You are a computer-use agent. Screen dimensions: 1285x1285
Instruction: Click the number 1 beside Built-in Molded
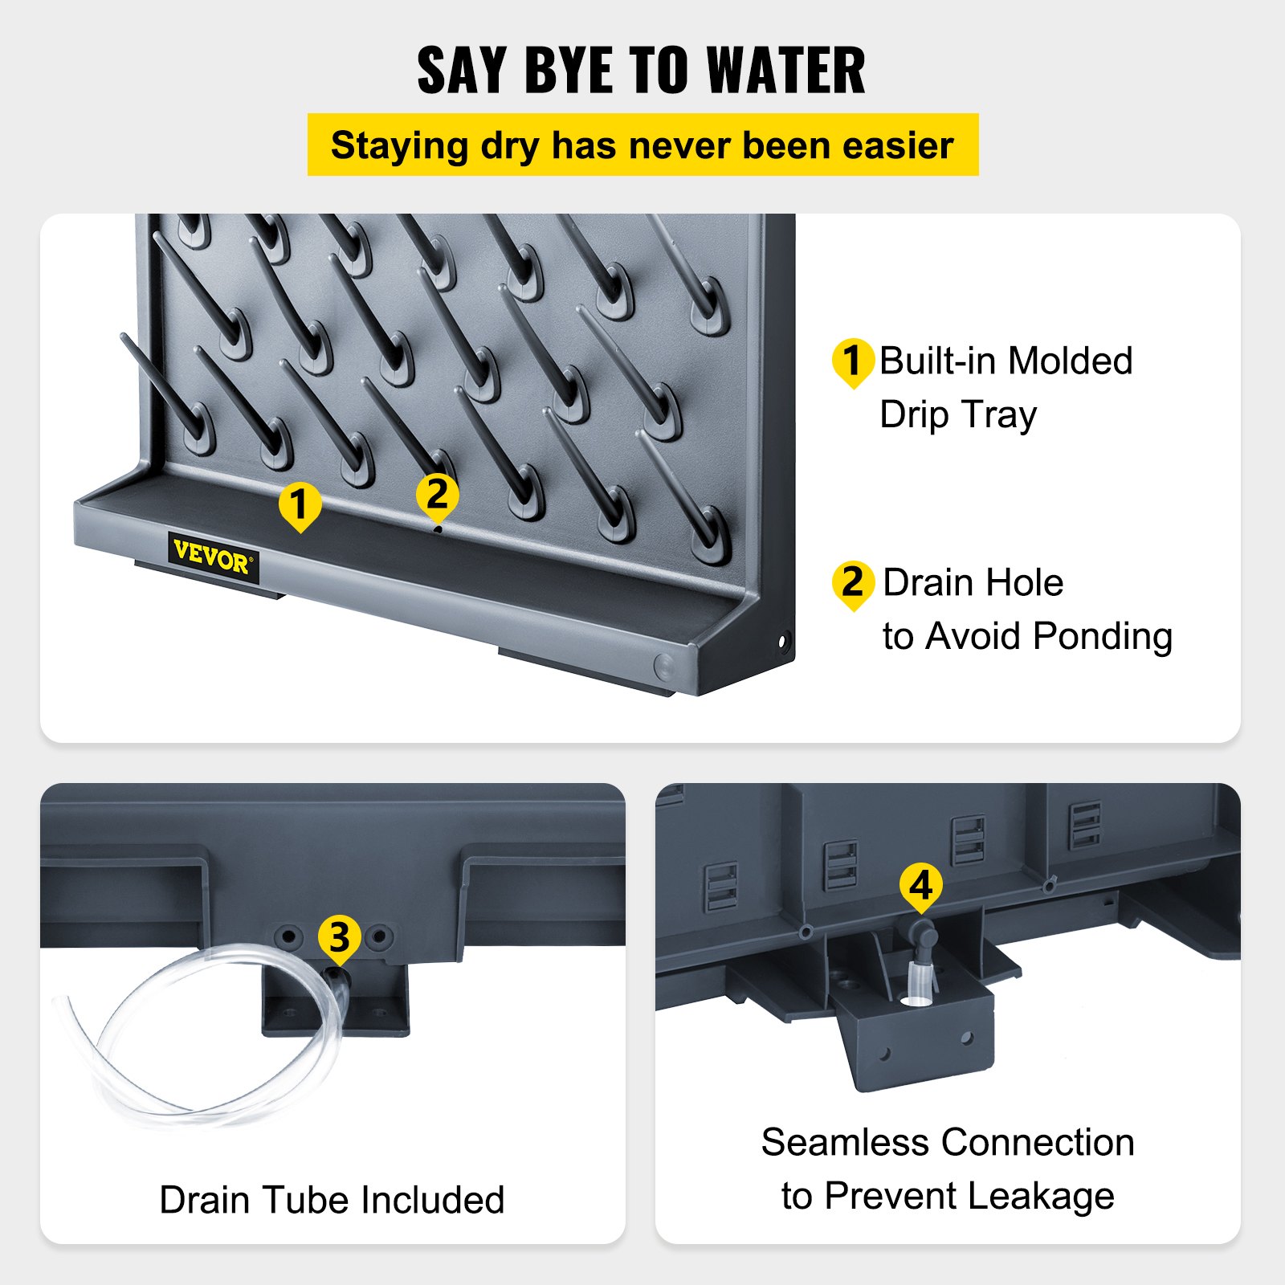853,361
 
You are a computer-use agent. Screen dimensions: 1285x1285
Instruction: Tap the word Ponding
1103,638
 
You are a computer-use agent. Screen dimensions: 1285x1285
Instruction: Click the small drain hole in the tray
438,529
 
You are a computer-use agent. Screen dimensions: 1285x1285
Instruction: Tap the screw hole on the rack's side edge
783,641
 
